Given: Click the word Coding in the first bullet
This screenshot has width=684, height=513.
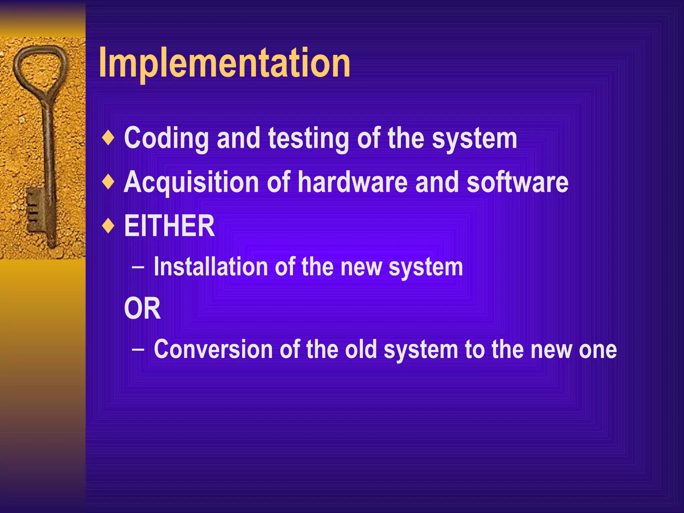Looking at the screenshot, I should [x=166, y=138].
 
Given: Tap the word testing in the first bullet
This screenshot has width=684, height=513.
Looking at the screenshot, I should [x=309, y=138].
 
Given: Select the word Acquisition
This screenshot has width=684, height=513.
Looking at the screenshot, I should [x=191, y=182].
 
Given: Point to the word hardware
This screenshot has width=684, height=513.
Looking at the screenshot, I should [x=353, y=182].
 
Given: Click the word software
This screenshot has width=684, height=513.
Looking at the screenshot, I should [x=517, y=182].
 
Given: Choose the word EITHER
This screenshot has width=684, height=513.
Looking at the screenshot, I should [x=169, y=226].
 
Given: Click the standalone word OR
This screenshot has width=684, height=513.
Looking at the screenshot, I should [x=142, y=309].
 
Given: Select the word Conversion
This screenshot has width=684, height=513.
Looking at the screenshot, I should [x=213, y=349].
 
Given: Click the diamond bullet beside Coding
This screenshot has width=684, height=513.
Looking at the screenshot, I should [x=108, y=138].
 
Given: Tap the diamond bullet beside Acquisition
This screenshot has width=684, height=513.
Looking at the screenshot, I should [x=108, y=182].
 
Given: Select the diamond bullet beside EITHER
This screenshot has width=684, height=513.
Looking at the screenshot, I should [x=108, y=226].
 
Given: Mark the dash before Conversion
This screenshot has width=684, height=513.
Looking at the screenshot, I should [x=138, y=350].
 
